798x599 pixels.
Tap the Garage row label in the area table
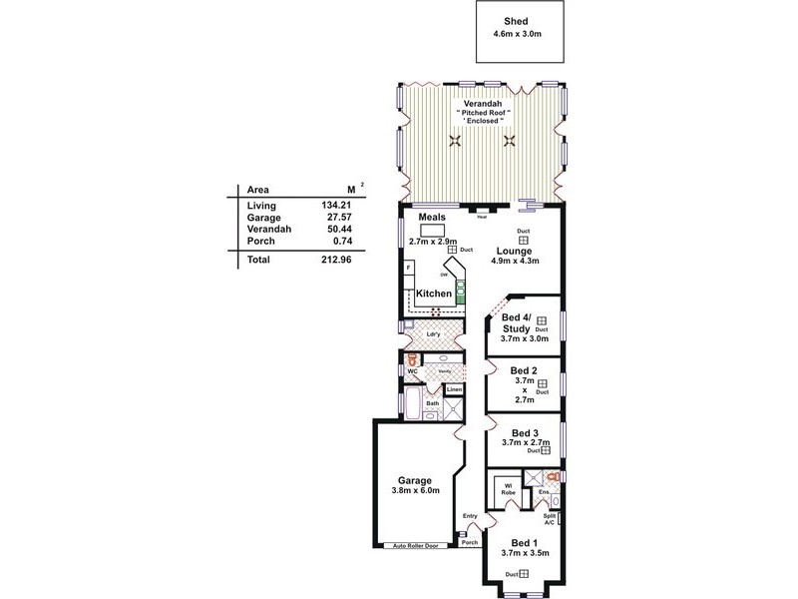[263, 217]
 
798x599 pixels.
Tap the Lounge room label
[517, 251]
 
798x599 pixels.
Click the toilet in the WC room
[409, 358]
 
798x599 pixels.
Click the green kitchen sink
[461, 292]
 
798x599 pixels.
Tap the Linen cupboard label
[455, 388]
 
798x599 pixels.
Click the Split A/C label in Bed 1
[550, 518]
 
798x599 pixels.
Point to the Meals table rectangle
[432, 229]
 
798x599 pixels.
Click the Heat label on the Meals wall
[481, 216]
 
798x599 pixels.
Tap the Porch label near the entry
[470, 542]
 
